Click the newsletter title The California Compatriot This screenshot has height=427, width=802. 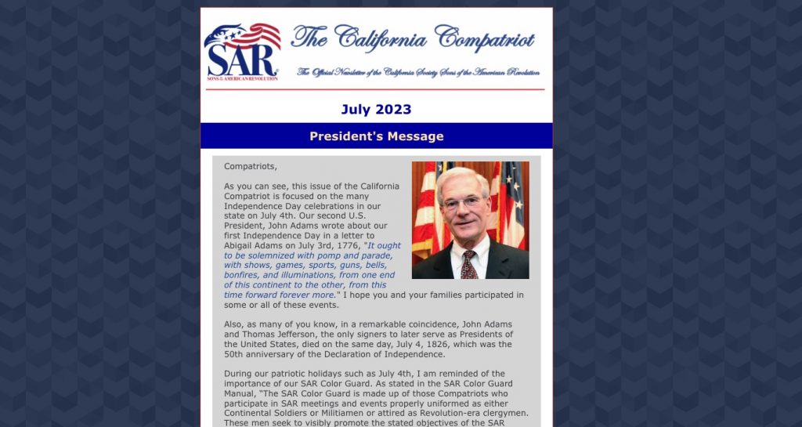pos(413,37)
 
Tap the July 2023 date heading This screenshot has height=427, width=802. pos(376,110)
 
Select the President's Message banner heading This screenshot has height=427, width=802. pos(376,136)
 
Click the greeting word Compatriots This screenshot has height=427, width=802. pos(250,166)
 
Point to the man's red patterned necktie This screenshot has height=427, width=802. pos(468,264)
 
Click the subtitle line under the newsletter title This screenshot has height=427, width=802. pos(418,72)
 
